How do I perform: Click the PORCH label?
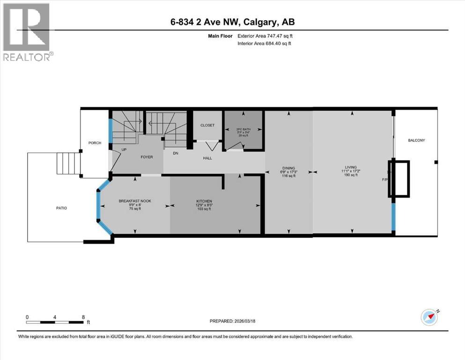pos(95,143)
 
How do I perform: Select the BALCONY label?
pos(416,140)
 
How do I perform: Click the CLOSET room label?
pos(207,125)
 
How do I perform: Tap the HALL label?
pos(207,158)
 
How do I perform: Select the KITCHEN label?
pos(204,201)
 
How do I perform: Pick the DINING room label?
pos(288,167)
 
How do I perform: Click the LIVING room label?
pos(351,167)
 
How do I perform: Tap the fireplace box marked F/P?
pos(401,179)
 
